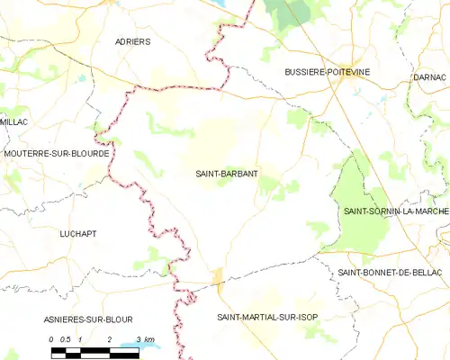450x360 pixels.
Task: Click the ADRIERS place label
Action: (133, 41)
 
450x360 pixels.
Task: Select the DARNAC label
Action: (431, 77)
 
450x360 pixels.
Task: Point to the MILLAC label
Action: (15, 121)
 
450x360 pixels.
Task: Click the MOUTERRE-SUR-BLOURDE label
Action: (57, 154)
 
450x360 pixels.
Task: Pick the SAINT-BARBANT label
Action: (228, 175)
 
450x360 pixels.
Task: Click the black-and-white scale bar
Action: (94, 348)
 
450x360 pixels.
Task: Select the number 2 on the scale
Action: (109, 338)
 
